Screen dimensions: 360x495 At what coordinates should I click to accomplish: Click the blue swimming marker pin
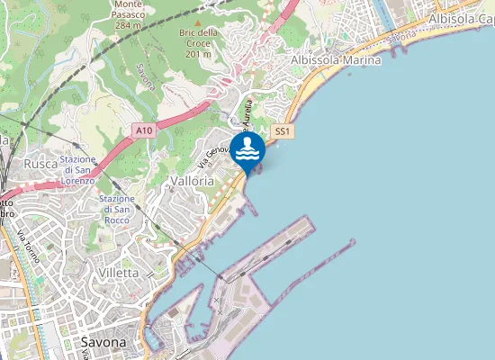coord(247,150)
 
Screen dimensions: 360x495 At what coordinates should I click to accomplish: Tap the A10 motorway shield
coord(143,131)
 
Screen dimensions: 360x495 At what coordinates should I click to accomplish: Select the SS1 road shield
coord(283,131)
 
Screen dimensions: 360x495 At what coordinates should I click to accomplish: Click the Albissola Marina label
coord(336,59)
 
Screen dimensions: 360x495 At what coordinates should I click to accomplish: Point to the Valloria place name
coord(192,180)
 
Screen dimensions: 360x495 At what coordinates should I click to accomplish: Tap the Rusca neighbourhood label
coord(40,164)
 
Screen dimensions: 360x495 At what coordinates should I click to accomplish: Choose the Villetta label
coord(118,272)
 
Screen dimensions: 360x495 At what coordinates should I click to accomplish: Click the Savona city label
coord(103,342)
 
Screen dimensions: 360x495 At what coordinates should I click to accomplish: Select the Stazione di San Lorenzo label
coord(77,170)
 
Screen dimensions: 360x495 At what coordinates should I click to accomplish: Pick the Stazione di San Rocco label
coord(117,210)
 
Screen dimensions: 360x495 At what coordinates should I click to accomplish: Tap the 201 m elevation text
coord(198,54)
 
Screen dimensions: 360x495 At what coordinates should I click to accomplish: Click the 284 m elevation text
coord(130,25)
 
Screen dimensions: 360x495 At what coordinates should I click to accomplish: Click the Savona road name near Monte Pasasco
coord(146,78)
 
